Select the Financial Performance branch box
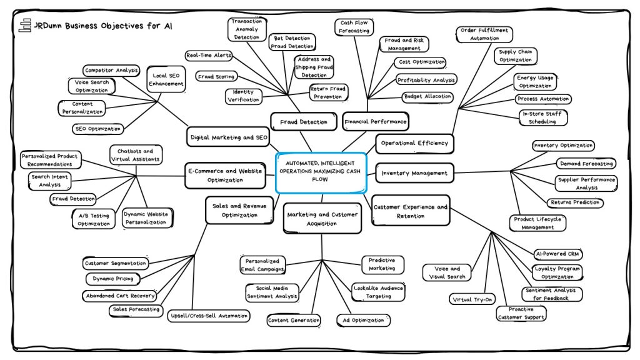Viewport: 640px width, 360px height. (x=375, y=121)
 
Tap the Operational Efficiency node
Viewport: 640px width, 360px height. (x=414, y=143)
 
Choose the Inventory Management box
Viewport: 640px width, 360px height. (x=414, y=173)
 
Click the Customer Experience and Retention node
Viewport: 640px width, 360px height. (x=410, y=211)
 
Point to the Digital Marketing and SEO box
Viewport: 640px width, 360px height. (x=227, y=136)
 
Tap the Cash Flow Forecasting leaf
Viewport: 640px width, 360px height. (x=354, y=27)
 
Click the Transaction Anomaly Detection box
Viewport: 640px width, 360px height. (x=247, y=29)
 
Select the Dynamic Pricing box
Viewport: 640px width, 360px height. (x=113, y=279)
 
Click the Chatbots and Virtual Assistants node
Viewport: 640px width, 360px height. (x=135, y=155)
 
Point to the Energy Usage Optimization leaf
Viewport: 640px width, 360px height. (x=534, y=82)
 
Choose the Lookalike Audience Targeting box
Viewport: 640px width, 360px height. (x=379, y=292)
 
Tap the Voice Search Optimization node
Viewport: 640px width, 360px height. (x=92, y=86)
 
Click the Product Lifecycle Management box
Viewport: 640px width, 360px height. (x=537, y=223)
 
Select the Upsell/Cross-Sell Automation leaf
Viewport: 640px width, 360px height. (x=209, y=316)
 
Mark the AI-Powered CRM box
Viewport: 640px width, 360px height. (x=557, y=254)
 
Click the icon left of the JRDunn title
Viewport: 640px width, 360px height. (x=25, y=26)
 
